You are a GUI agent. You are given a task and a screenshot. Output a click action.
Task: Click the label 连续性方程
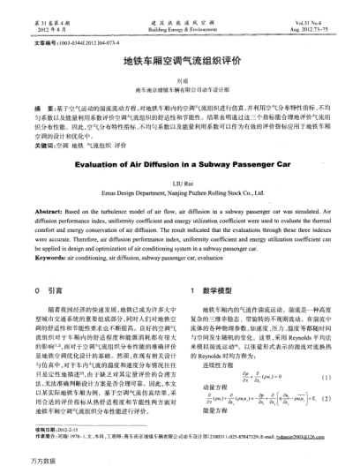coord(217,350)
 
